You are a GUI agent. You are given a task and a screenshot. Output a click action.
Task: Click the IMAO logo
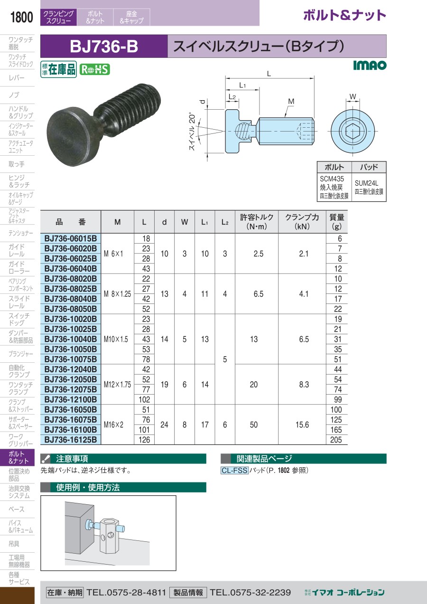(x=370, y=65)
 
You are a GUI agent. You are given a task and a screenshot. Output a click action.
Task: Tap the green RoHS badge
(x=95, y=70)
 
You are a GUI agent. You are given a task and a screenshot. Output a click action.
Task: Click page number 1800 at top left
(x=21, y=17)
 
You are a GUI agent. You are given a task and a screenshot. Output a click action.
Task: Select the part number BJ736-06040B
(x=71, y=269)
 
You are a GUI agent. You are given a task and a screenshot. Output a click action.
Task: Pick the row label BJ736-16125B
(x=71, y=440)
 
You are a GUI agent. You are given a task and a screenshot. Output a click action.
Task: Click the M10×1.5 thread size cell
(x=116, y=339)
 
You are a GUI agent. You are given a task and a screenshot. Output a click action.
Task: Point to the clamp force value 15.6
(x=302, y=425)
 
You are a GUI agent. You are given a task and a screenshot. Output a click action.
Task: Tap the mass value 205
(x=336, y=440)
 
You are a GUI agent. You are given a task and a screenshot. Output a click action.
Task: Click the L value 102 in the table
(x=144, y=400)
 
